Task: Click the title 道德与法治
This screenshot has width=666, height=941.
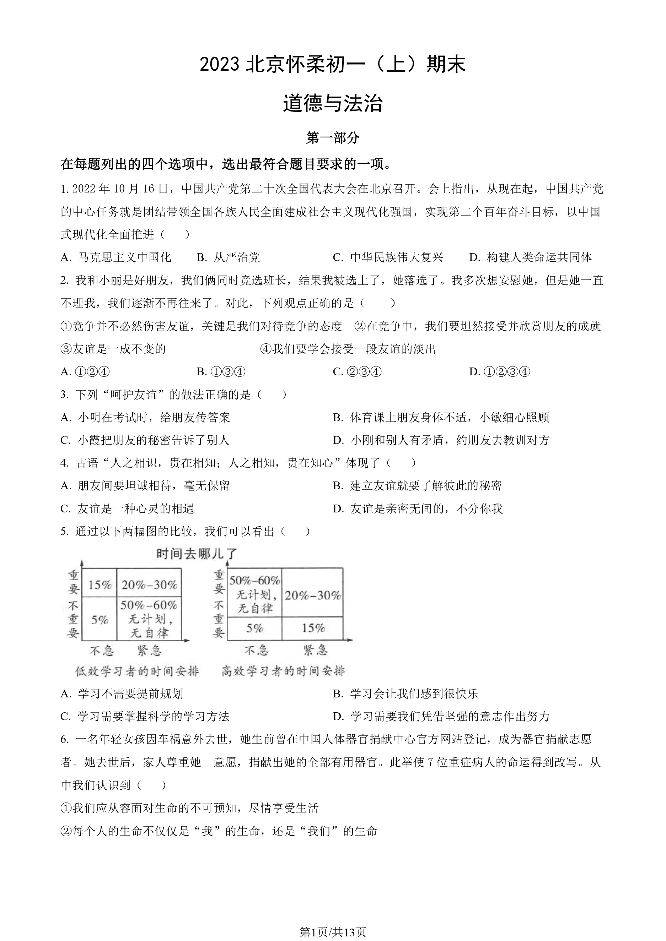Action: (x=333, y=103)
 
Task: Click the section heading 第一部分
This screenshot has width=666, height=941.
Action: (x=333, y=138)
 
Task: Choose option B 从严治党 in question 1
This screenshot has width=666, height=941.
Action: (x=229, y=257)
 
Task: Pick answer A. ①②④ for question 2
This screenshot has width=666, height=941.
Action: (x=85, y=372)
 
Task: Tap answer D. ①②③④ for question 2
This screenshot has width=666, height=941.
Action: (x=500, y=372)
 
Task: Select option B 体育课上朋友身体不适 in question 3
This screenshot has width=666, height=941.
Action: (x=441, y=417)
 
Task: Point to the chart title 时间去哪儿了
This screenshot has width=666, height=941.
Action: (x=197, y=554)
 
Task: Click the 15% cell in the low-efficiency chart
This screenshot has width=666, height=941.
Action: (x=100, y=584)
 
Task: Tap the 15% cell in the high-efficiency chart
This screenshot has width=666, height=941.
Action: (x=313, y=628)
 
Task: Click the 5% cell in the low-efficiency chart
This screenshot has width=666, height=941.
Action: (x=100, y=620)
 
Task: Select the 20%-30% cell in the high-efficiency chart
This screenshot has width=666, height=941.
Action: (x=313, y=595)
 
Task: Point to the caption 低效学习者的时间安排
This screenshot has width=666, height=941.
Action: (x=136, y=671)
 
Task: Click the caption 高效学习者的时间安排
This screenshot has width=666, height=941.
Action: (x=283, y=671)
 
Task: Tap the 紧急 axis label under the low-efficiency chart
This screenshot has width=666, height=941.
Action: (x=149, y=651)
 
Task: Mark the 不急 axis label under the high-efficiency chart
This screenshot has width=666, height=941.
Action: (x=256, y=651)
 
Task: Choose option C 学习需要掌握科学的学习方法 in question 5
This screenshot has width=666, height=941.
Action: (x=145, y=717)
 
